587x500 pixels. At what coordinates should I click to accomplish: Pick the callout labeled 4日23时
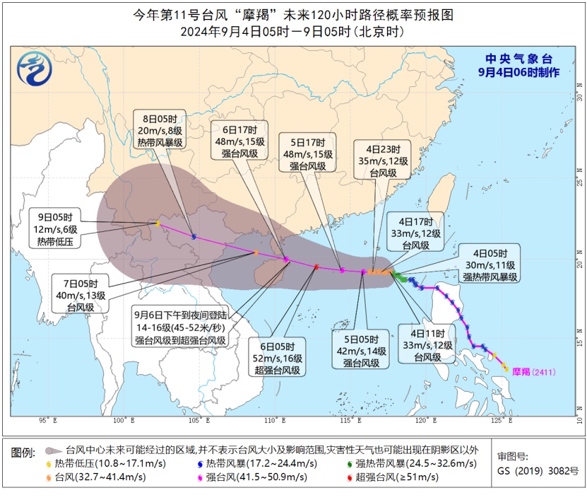382,161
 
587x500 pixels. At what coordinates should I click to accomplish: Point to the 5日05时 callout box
362,350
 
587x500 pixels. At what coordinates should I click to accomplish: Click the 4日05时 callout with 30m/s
486,263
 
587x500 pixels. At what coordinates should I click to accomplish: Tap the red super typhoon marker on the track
316,267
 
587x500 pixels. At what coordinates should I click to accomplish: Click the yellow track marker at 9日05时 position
158,224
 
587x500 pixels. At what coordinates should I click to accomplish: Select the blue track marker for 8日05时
194,236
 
